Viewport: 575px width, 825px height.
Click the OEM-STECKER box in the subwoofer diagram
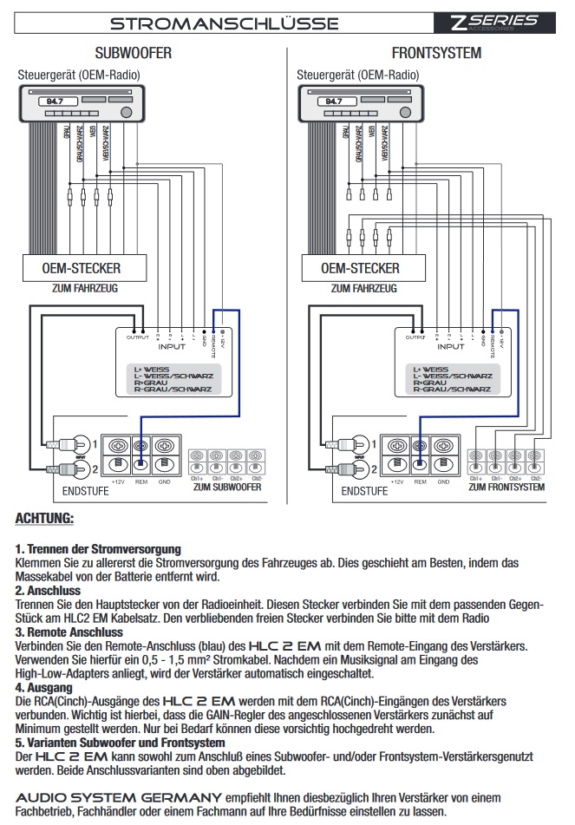[x=82, y=267]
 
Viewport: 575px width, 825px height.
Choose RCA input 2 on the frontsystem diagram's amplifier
[x=359, y=469]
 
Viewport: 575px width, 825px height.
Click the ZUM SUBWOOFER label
[x=228, y=488]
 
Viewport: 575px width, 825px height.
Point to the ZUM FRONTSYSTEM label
[x=506, y=488]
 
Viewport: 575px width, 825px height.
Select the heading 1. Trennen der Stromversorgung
[x=98, y=549]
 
